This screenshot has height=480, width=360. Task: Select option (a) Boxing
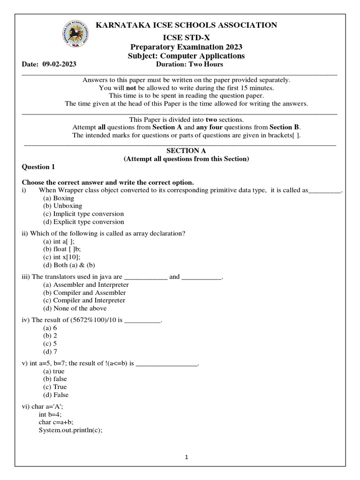click(x=59, y=198)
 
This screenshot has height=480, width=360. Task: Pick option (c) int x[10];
click(x=61, y=257)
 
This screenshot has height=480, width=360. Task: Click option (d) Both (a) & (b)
click(x=69, y=265)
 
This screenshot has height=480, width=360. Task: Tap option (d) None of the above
click(x=75, y=308)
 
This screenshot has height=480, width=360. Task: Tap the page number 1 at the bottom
click(x=186, y=458)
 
